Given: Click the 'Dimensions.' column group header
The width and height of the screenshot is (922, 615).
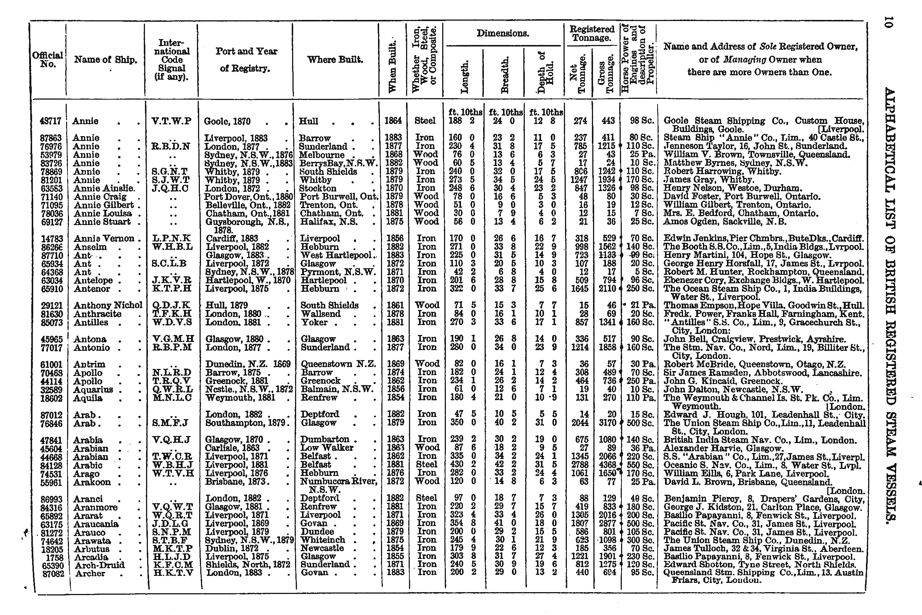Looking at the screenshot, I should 503,34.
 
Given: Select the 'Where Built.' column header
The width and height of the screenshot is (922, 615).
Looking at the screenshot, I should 335,60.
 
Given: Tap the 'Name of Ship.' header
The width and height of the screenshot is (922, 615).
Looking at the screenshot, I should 105,60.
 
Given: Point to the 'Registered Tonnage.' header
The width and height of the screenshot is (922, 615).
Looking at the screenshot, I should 592,33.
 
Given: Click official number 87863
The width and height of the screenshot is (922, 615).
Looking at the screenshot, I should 51,138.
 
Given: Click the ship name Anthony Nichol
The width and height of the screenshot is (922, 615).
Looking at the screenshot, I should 108,305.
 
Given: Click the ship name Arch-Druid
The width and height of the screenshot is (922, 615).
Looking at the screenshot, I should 99,565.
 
